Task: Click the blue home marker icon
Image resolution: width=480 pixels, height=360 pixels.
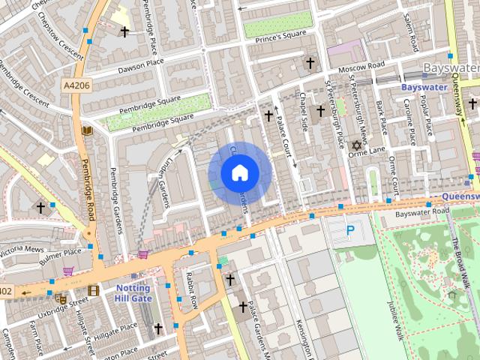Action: (x=239, y=173)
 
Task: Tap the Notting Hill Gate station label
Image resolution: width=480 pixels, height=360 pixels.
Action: (x=132, y=293)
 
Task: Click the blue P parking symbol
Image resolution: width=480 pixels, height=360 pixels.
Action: (x=350, y=231)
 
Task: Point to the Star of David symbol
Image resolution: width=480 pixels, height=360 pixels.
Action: (x=356, y=145)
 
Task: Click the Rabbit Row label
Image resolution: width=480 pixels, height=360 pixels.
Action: (x=191, y=289)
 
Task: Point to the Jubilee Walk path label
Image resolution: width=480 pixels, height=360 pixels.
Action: (x=395, y=317)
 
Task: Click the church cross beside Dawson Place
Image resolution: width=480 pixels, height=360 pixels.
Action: (x=124, y=31)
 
